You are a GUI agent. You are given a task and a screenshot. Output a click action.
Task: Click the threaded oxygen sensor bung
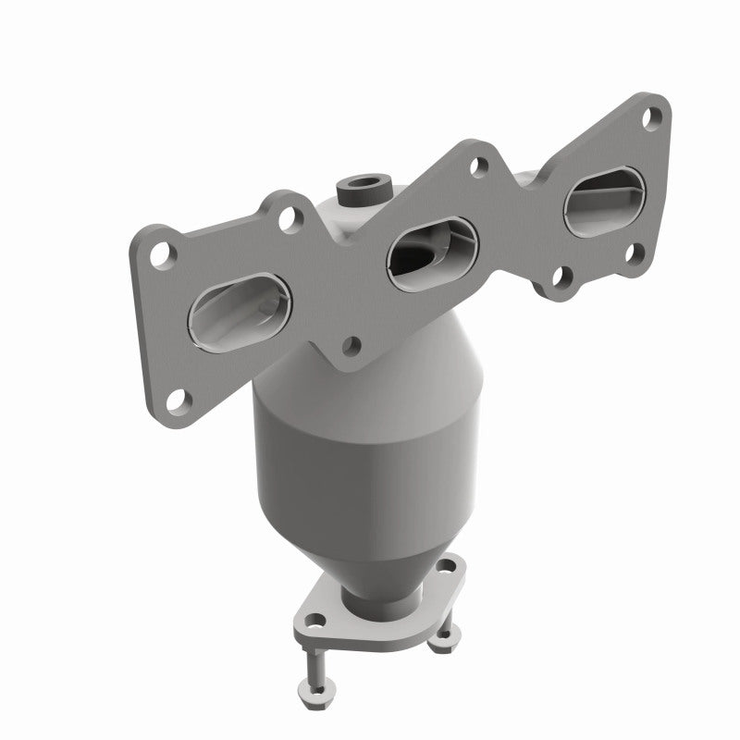[x=363, y=190]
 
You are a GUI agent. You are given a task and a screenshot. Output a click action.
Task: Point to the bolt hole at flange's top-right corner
[x=654, y=117]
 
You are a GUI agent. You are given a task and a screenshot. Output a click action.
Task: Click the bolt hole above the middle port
[x=478, y=167]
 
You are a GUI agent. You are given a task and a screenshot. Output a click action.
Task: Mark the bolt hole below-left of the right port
[x=559, y=275]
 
